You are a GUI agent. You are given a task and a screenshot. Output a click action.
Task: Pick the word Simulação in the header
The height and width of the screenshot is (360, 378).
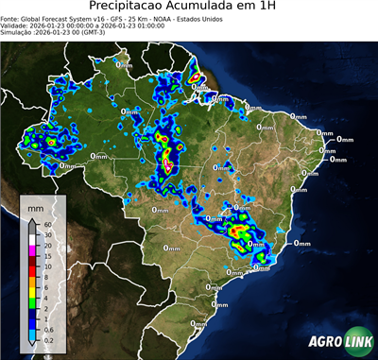[x=20, y=32]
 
